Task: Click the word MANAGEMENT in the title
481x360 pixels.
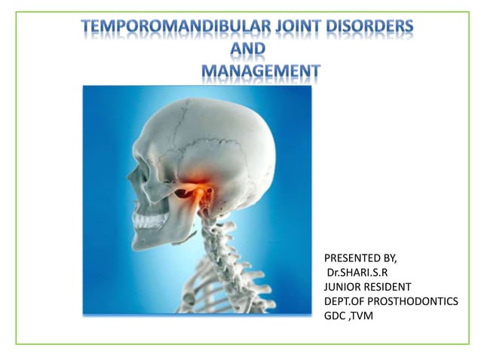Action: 260,72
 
